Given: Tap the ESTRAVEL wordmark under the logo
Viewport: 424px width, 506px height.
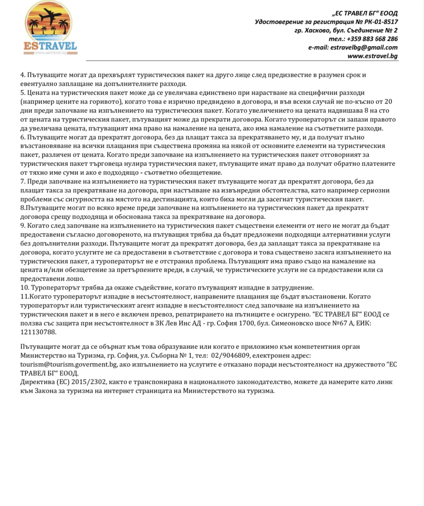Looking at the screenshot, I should coord(50,46).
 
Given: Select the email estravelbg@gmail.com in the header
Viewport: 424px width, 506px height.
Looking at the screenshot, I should coord(363,47).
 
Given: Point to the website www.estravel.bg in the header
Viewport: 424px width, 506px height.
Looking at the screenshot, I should coord(372,56).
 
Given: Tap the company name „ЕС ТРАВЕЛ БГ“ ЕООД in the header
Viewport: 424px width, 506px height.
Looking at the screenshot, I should coord(365,13).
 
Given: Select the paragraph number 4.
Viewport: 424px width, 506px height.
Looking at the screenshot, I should coord(22,75).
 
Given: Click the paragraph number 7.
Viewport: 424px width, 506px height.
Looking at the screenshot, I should coord(22,182).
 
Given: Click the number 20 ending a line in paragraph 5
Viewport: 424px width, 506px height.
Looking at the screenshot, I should coord(388,102).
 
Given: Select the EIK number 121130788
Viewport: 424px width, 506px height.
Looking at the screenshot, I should coord(38,332).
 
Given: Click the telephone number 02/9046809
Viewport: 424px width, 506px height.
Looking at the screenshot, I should coord(230,356).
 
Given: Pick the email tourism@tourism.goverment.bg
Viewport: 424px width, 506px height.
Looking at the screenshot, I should coord(69,365).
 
